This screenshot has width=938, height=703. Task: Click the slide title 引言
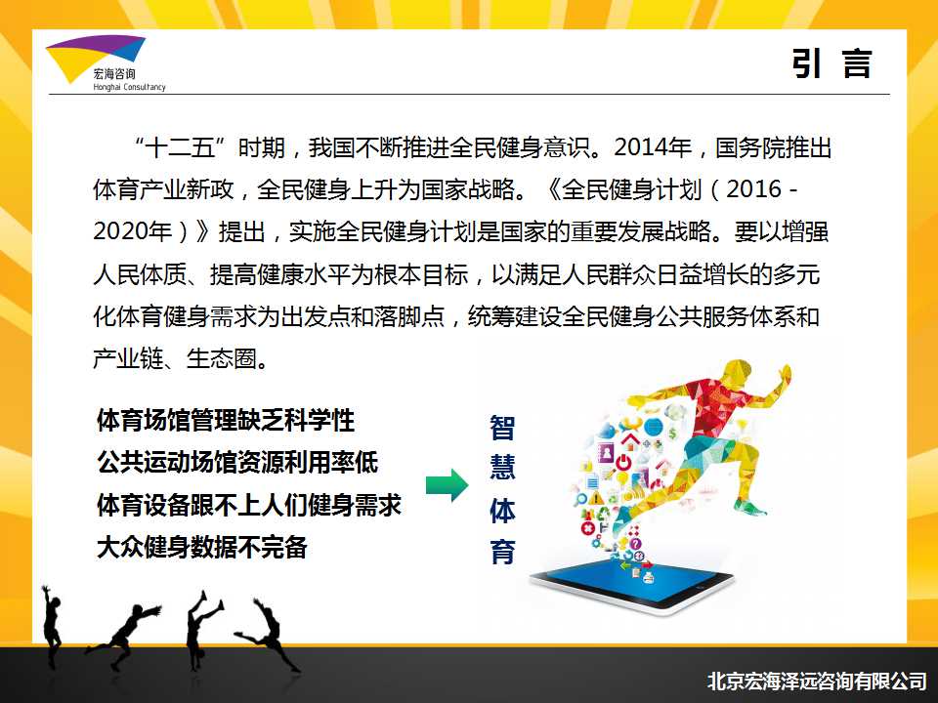[x=831, y=63]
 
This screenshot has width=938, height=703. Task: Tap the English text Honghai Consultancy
[x=129, y=87]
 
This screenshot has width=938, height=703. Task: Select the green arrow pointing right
[x=447, y=485]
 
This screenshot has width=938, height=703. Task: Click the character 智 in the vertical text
[x=502, y=428]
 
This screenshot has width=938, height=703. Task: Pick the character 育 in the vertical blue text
[x=502, y=551]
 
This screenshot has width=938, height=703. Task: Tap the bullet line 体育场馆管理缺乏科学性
[x=226, y=420]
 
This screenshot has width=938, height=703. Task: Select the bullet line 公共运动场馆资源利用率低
[x=237, y=462]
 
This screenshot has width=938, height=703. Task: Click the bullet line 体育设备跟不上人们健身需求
[x=249, y=505]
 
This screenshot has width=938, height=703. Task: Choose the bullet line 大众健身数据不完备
[x=202, y=547]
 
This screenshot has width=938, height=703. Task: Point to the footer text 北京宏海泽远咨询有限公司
[x=817, y=681]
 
